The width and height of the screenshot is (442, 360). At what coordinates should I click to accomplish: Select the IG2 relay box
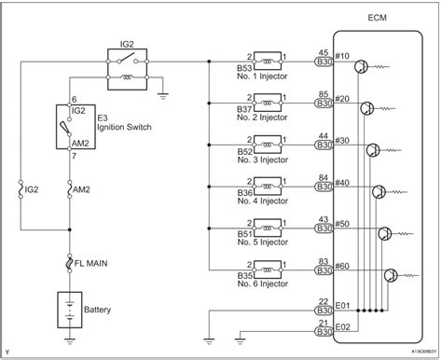click(x=130, y=65)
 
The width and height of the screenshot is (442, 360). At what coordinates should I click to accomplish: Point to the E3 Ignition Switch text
click(x=106, y=124)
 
